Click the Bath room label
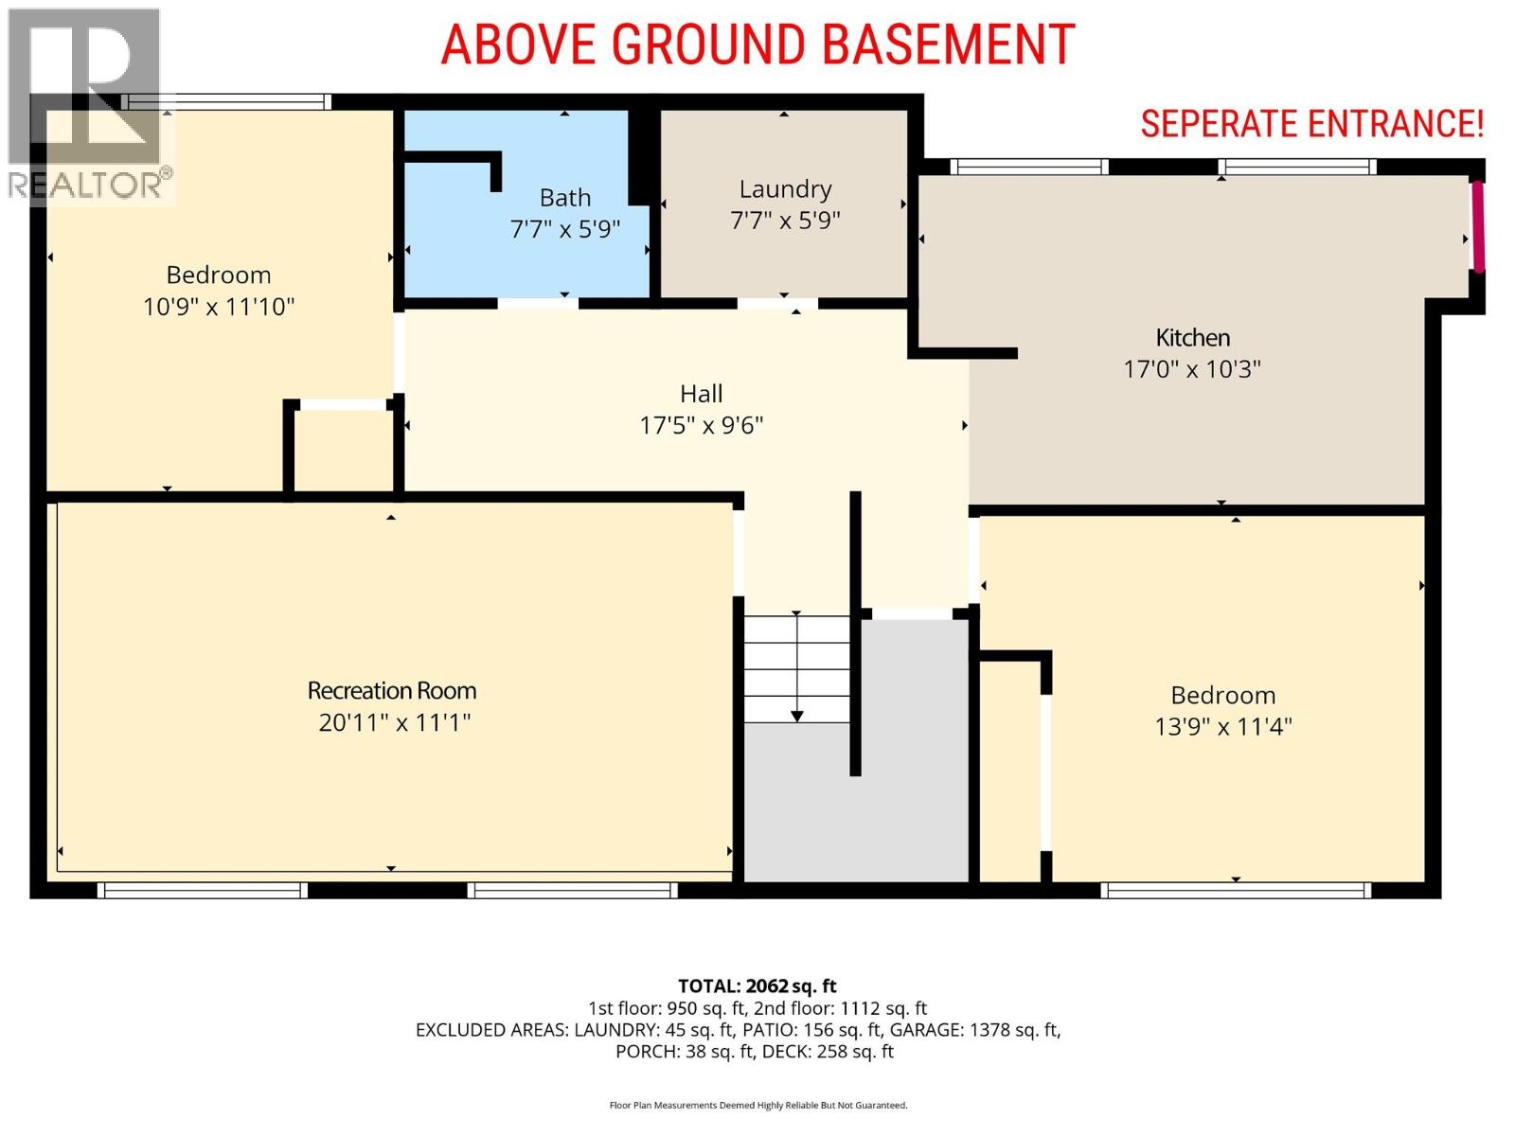(x=564, y=198)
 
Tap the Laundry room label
(x=785, y=189)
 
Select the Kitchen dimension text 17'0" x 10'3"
(x=1192, y=370)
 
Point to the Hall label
(x=702, y=394)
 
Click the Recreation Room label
(x=391, y=690)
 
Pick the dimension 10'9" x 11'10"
(x=219, y=307)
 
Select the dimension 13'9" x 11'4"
(x=1223, y=727)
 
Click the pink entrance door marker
(x=1478, y=226)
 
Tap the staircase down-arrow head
(x=796, y=717)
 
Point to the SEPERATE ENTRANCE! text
(x=1311, y=125)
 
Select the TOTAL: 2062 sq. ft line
(x=757, y=986)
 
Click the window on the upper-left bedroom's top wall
(x=226, y=102)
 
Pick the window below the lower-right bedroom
(x=1236, y=891)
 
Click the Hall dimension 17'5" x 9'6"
(x=702, y=426)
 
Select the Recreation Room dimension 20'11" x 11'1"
(x=394, y=723)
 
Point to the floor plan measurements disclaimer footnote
(x=757, y=1106)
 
